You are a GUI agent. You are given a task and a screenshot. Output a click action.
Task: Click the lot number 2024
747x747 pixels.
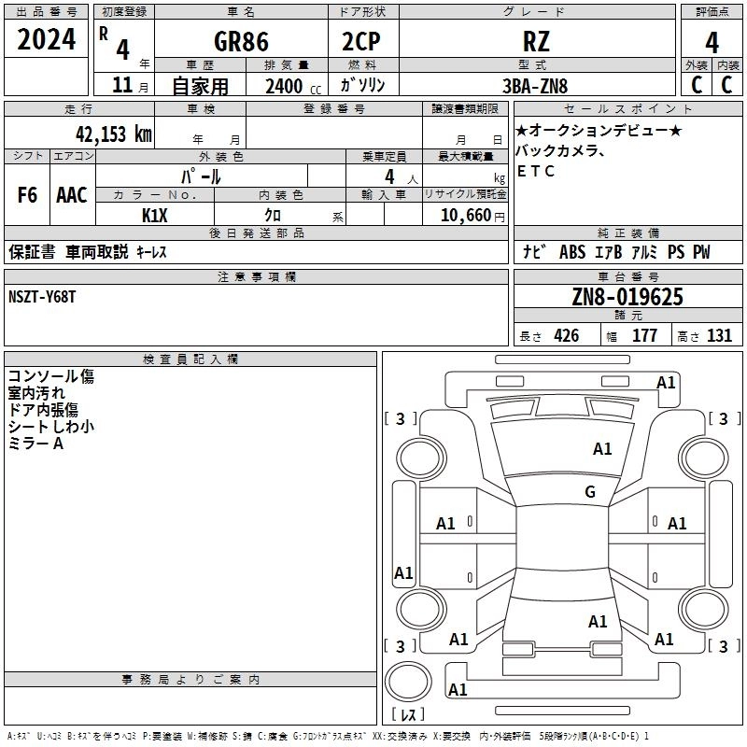(48, 41)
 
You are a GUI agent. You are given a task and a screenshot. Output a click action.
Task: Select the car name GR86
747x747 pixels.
(242, 42)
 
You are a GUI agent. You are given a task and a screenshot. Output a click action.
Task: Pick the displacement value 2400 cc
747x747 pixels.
(285, 86)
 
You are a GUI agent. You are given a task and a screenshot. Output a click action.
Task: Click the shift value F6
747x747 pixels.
(28, 195)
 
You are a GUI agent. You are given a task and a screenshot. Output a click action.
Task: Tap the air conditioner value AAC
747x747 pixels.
(71, 195)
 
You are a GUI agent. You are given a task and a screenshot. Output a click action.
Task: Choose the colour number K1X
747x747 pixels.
(154, 216)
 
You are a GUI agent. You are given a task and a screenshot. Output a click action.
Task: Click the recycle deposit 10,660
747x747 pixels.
(465, 216)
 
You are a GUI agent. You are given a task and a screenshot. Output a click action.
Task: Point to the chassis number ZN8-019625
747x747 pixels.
(627, 297)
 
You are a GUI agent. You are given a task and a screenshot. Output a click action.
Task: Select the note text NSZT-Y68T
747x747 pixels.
(43, 296)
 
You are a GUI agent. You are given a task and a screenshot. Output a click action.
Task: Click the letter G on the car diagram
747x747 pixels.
(590, 492)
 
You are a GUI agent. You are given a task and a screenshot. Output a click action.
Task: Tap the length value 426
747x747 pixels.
(566, 336)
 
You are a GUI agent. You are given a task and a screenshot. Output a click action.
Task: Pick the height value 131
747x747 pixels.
(719, 336)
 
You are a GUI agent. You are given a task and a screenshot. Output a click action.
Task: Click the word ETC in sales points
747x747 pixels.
(536, 171)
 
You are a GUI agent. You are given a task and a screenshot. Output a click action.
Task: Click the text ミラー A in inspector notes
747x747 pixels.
(36, 444)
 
